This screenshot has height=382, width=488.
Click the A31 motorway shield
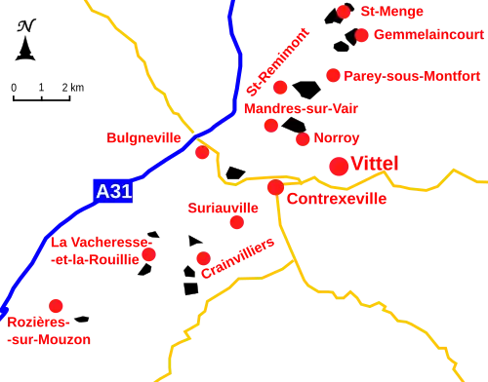pos(113,192)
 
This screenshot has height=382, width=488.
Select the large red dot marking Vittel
pos(339,167)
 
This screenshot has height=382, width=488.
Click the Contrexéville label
pos(337,199)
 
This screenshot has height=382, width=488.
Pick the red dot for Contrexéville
pos(275,186)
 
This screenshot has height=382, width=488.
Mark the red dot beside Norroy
pos(303,139)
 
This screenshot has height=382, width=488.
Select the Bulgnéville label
pos(143,139)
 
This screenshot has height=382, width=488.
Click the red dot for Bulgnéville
pos(202,153)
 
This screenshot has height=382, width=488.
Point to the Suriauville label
pos(223,208)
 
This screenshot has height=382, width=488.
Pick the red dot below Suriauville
pos(235,223)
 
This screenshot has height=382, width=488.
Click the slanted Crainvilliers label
pos(239,257)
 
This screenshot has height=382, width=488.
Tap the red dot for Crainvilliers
pos(202,258)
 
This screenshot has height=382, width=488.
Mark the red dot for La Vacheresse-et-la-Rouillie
pos(149,255)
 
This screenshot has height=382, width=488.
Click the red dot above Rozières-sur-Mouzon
pos(56,305)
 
